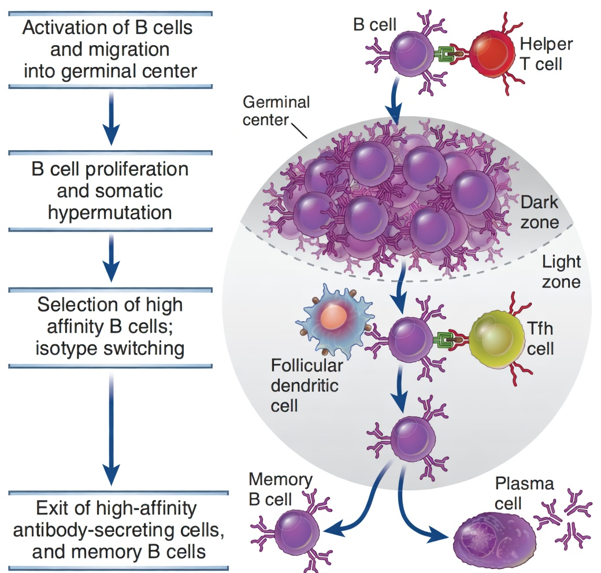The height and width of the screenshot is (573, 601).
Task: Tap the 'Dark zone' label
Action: click(x=539, y=212)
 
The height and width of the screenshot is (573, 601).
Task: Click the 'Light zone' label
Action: click(x=561, y=271)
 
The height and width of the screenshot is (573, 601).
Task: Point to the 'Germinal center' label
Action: click(x=276, y=111)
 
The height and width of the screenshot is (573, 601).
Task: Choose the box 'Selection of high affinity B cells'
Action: click(x=110, y=326)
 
